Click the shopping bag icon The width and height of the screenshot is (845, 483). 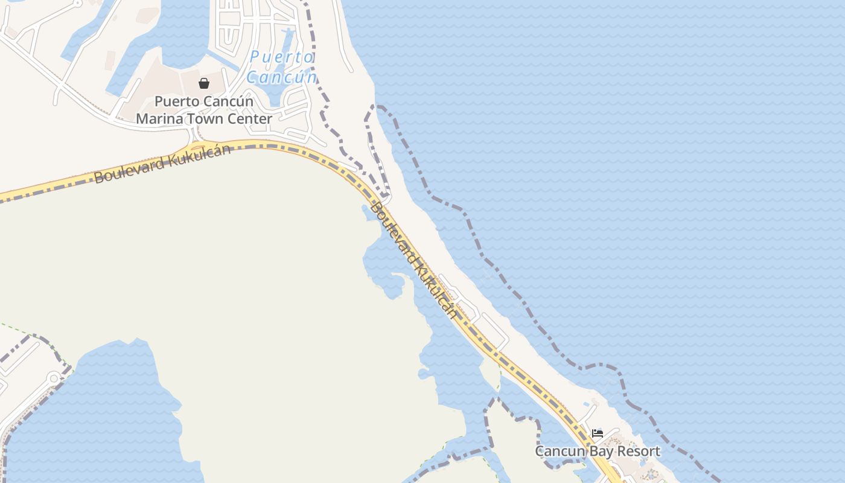[x=204, y=83]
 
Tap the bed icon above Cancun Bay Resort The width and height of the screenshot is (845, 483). [x=598, y=433]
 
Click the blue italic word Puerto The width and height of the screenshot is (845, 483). [x=282, y=57]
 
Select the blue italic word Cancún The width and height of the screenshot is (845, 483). [x=281, y=77]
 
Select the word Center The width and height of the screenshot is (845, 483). [x=250, y=119]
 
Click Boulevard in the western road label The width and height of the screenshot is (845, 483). [x=129, y=168]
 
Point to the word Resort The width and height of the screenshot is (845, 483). [x=640, y=451]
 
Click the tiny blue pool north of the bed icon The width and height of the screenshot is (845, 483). [x=585, y=403]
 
